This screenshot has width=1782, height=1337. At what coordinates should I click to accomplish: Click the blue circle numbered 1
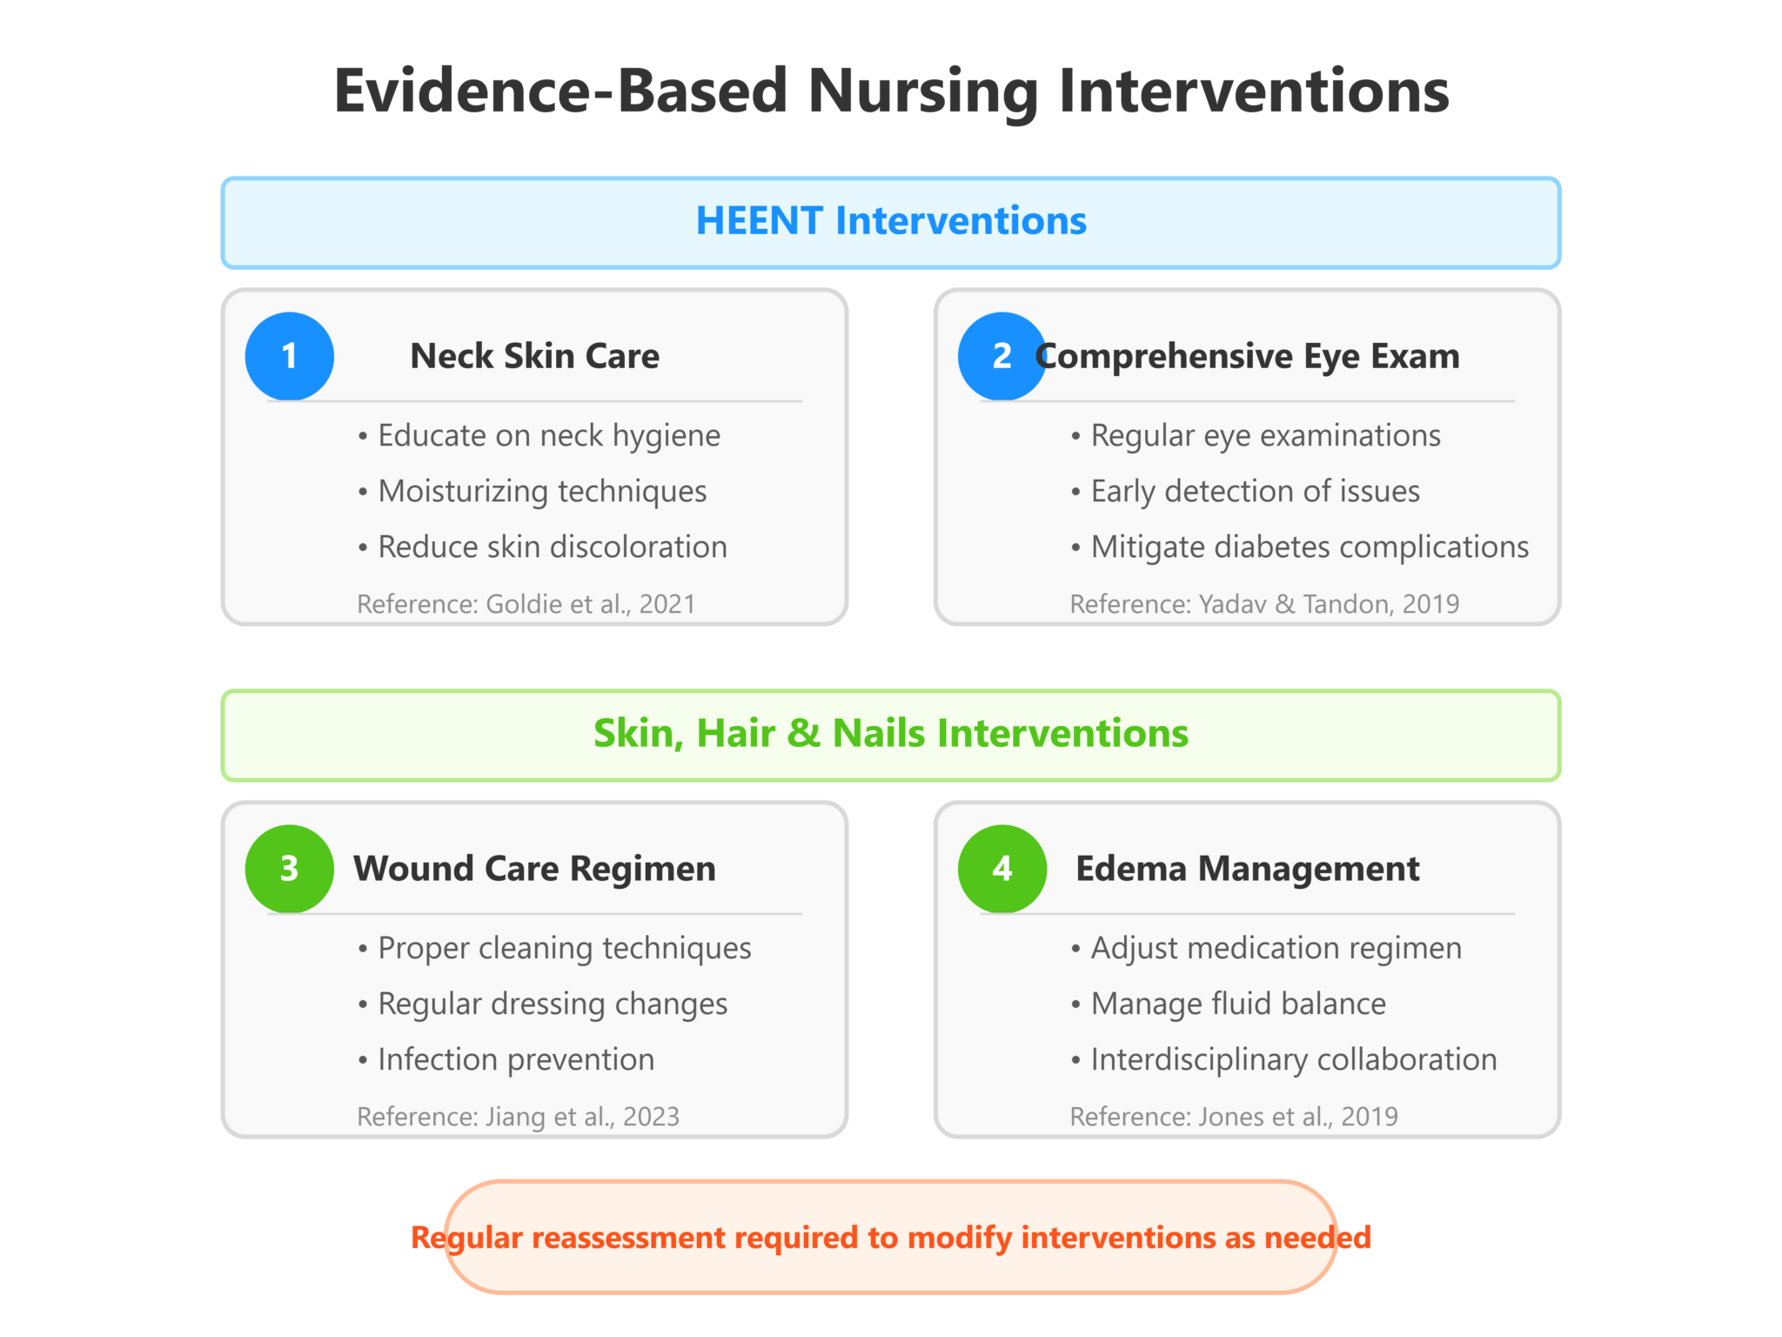coord(289,356)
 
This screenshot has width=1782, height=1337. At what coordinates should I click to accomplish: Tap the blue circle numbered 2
coord(1002,356)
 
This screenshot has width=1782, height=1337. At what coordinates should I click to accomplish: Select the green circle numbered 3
coord(289,869)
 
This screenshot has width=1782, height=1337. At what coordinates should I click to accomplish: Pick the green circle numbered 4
coord(1002,869)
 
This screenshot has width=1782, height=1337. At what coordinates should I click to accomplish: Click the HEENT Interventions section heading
coord(891,221)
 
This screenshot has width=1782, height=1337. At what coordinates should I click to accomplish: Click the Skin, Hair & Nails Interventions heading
coord(891,734)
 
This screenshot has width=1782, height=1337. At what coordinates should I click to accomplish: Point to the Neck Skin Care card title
coord(534,356)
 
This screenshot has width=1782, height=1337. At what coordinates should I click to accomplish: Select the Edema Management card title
coord(1247,869)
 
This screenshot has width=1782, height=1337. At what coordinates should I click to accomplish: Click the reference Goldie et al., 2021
coord(526,604)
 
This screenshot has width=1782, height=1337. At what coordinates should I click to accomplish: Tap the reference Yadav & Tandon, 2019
coord(1264,604)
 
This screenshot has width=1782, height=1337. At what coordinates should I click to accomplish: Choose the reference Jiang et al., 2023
coord(519,1117)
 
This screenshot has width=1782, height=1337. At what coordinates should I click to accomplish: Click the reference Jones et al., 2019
coord(1234,1117)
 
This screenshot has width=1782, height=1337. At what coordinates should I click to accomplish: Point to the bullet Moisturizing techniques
coord(541,492)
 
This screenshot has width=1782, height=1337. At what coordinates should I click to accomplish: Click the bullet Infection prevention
coord(515,1060)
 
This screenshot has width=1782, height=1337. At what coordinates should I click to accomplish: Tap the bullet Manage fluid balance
coord(1237,1004)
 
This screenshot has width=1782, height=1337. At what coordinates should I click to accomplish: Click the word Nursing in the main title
coord(923,91)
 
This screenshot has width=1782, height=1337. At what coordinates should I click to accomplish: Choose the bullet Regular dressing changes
coord(552,1004)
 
